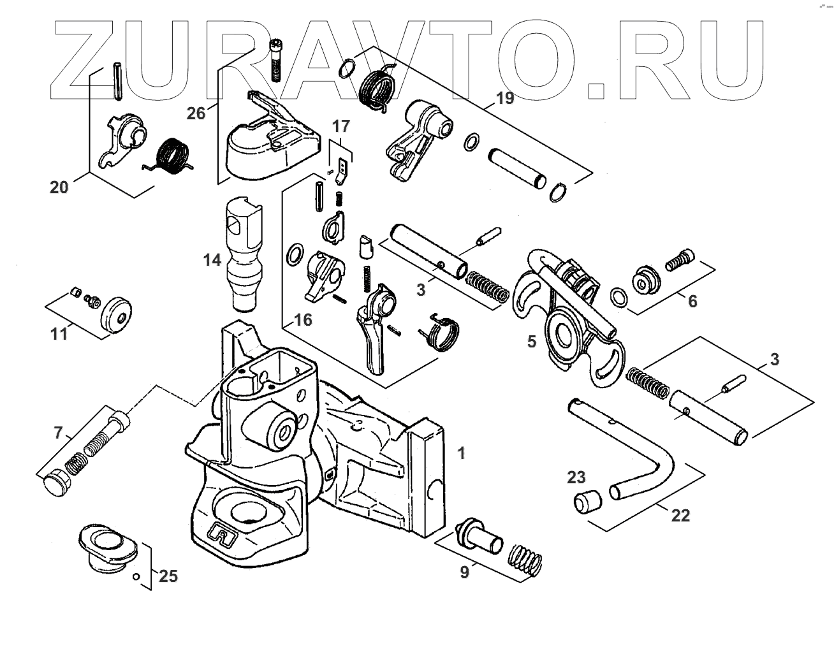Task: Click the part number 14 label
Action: coord(212,259)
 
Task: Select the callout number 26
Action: coord(196,113)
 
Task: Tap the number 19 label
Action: coord(504,98)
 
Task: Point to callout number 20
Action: coord(59,187)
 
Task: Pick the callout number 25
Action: coord(168,576)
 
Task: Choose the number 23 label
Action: coord(576,477)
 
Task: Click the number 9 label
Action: coord(464,572)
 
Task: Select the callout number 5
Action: coord(532,342)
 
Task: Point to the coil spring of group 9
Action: coord(526,561)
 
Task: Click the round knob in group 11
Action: coord(117,313)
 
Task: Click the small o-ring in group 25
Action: coord(136,577)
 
